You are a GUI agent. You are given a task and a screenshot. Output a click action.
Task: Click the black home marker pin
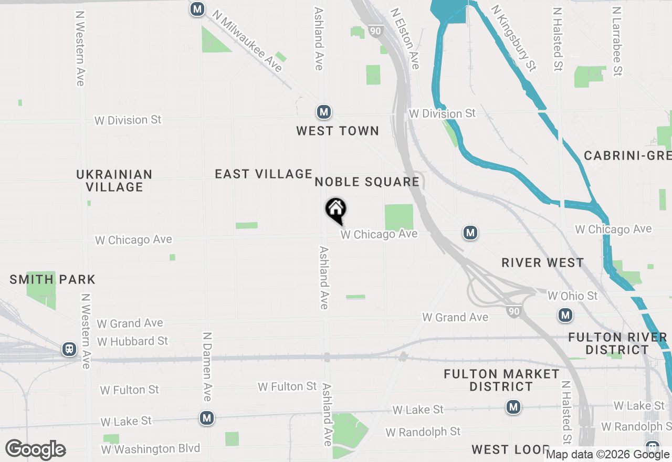tap(336, 210)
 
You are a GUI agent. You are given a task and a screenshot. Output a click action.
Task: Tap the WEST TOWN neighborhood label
tap(338, 131)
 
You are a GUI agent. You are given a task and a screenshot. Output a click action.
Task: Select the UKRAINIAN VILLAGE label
tap(114, 180)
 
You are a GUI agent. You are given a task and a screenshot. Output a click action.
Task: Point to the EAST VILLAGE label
tap(264, 174)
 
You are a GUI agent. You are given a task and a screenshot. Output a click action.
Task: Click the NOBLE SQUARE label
tap(367, 182)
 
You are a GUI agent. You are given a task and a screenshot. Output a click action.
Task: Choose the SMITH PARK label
tap(52, 279)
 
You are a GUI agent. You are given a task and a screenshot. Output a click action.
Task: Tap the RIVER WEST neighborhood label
tap(542, 262)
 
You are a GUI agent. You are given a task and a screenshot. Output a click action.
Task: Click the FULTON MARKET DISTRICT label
tap(501, 380)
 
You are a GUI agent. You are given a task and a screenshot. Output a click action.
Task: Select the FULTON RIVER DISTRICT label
tap(617, 343)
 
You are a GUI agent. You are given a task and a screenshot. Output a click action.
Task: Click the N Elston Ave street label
tap(405, 38)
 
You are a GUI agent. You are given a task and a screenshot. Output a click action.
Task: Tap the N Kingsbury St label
tap(513, 38)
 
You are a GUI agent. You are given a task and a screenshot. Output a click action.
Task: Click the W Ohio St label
tap(572, 296)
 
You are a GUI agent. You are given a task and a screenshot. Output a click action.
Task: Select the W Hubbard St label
tap(132, 341)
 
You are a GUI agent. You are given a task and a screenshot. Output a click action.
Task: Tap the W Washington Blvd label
tap(151, 449)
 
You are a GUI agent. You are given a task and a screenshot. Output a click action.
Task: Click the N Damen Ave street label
tap(207, 366)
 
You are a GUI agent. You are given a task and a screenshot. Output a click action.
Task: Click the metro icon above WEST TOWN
tap(323, 112)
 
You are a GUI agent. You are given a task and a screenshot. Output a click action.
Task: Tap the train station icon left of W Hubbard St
tap(69, 349)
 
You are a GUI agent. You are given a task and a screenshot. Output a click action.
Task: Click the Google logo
tap(36, 449)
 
